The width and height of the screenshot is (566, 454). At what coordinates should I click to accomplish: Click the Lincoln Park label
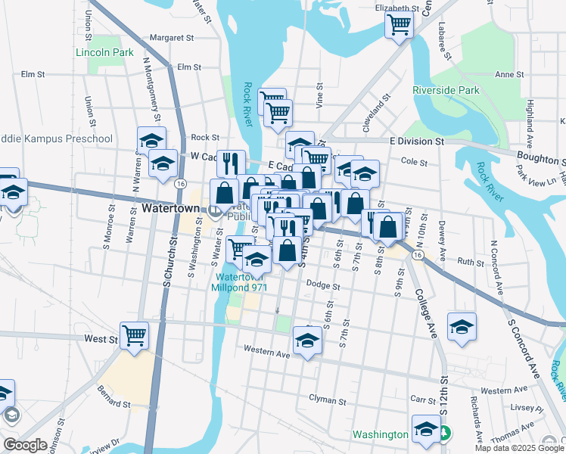104,53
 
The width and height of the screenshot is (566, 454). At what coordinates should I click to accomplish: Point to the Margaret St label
172,36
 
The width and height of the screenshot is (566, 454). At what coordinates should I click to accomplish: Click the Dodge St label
324,286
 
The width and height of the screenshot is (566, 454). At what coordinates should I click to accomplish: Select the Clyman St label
328,398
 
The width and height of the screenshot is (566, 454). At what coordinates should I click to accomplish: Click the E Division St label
416,141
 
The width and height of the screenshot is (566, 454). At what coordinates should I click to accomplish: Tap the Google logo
25,445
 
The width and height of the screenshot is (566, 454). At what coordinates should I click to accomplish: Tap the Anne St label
509,75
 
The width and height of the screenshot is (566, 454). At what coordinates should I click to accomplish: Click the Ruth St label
469,263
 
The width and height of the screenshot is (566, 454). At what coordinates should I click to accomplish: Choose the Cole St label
414,162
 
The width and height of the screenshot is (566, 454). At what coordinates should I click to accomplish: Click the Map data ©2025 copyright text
507,447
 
